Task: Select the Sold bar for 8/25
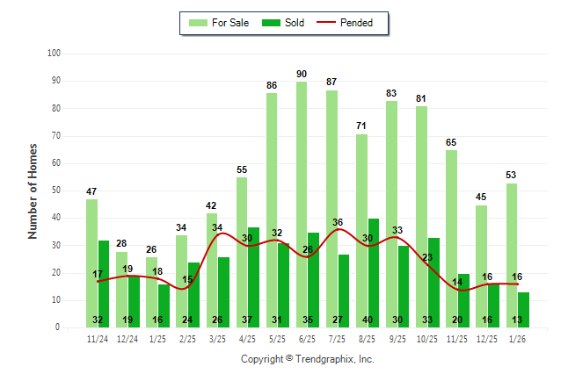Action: pos(373,272)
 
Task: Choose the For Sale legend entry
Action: pos(218,23)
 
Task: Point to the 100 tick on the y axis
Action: pos(53,54)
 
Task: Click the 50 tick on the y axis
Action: pos(55,190)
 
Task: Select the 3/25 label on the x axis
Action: pos(217,339)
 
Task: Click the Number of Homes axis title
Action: pos(33,190)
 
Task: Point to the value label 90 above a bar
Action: pos(302,74)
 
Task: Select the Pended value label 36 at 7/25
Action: pos(338,222)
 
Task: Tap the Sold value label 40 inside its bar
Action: pos(373,320)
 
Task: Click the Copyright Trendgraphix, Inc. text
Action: pos(308,359)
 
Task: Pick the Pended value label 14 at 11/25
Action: pos(457,282)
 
